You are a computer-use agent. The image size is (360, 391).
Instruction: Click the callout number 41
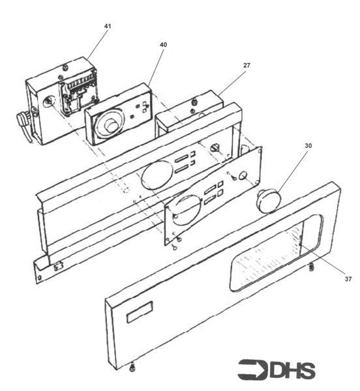pos(108,26)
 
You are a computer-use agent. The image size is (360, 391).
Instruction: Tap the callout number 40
pos(163,44)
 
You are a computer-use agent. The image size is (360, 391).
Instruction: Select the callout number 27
pos(247,65)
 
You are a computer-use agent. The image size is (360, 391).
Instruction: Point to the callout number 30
pos(308,145)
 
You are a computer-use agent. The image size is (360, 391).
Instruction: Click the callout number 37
pos(348,279)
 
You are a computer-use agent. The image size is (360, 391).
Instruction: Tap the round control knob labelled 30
pos(269,201)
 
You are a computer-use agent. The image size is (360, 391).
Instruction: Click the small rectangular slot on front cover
pos(140,312)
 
